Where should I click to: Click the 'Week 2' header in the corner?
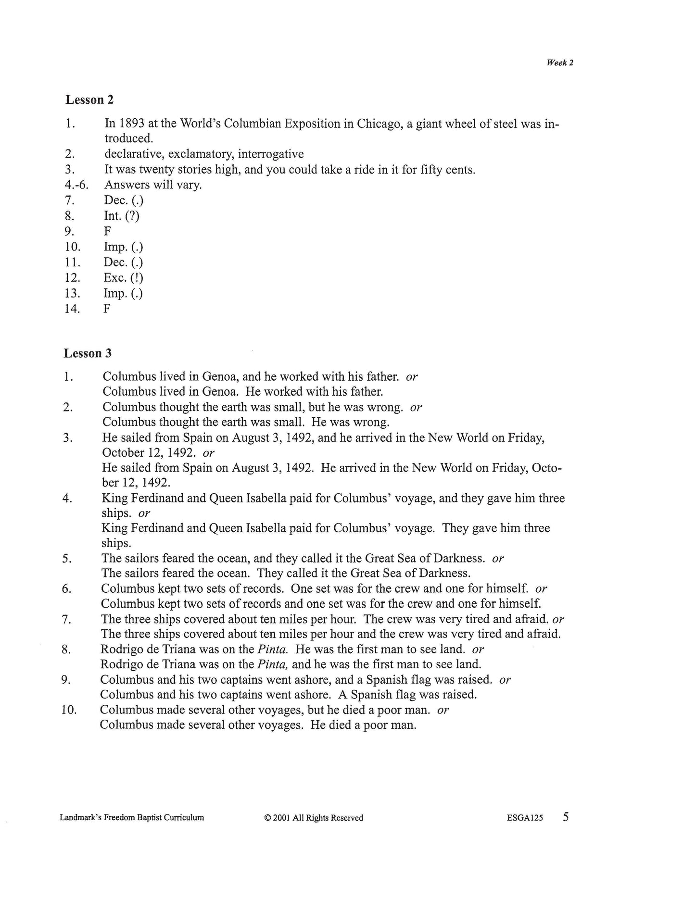coord(560,63)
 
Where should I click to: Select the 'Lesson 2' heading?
coord(90,100)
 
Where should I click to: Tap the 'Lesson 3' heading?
coord(88,353)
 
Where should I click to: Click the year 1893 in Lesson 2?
coord(131,124)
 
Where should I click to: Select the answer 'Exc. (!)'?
coord(123,278)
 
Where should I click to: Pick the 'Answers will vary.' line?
coord(153,185)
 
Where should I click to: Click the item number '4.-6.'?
coord(77,185)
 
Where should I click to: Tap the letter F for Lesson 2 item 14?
coord(107,309)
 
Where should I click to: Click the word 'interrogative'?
coord(271,154)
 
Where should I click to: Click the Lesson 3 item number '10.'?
coord(69,710)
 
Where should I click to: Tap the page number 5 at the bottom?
coord(566,817)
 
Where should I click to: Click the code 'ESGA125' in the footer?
coord(525,818)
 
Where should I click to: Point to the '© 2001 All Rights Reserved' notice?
coord(314,818)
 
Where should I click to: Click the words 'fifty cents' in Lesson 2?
coord(447,170)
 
